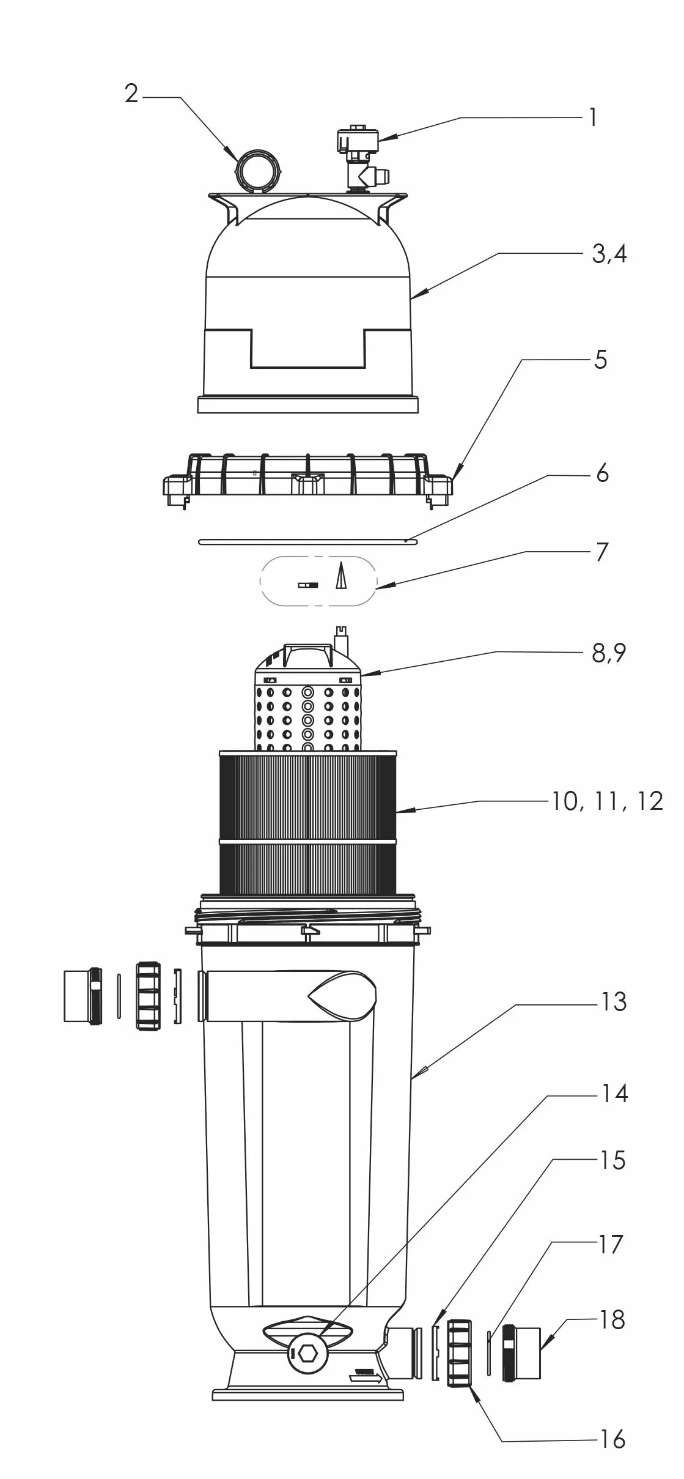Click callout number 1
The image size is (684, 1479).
[x=592, y=117]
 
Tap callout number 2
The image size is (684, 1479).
[x=131, y=94]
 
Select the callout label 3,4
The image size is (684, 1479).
[x=609, y=254]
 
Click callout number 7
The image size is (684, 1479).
[x=602, y=552]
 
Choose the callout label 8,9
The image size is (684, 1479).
[x=609, y=653]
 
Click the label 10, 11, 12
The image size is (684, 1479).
[x=608, y=801]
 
